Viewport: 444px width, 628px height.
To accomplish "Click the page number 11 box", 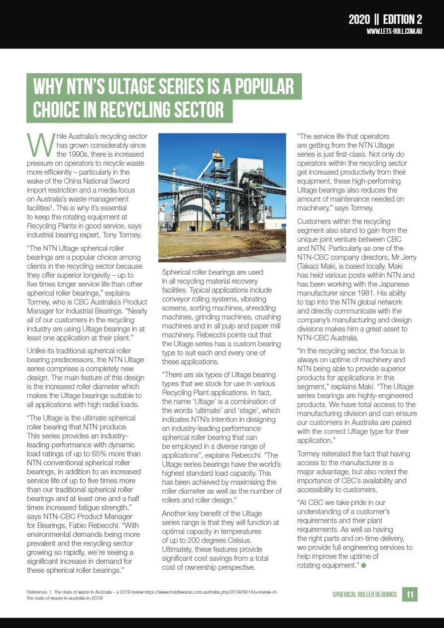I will [x=410, y=594].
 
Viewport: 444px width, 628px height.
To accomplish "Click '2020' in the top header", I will [x=359, y=19].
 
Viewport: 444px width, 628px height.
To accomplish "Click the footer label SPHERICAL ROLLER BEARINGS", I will [x=365, y=595].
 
